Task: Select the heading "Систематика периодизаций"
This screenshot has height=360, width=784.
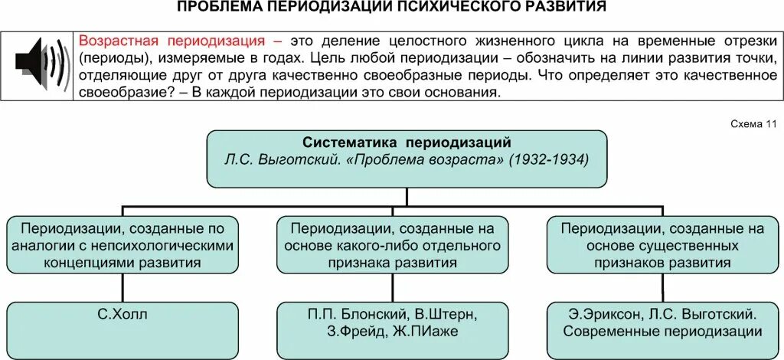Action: pyautogui.click(x=407, y=143)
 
